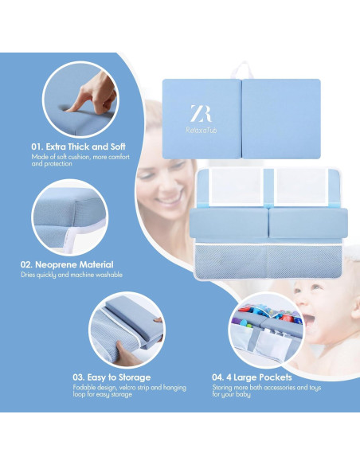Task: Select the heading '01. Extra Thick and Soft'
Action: pos(78,147)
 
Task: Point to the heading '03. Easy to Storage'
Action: pos(112,377)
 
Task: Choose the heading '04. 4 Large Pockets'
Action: pos(252,377)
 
